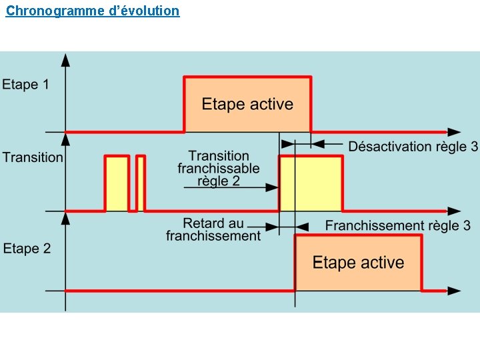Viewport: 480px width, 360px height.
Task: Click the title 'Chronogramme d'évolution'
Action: click(x=93, y=11)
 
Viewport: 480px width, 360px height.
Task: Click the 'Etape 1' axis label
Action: click(x=25, y=85)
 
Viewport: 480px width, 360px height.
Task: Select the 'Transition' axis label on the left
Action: click(x=33, y=157)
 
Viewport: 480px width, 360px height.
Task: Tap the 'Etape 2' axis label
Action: click(x=27, y=249)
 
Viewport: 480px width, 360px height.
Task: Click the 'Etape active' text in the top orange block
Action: click(x=247, y=105)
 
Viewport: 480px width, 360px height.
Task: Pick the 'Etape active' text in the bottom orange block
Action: click(x=358, y=263)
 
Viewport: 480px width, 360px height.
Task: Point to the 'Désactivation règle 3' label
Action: click(x=413, y=147)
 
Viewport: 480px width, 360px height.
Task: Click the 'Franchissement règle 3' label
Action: click(x=397, y=225)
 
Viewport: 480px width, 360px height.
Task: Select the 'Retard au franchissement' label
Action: click(x=213, y=229)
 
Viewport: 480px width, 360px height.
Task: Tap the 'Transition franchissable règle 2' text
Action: click(x=219, y=168)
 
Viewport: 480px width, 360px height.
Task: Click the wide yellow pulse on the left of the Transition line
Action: click(x=117, y=184)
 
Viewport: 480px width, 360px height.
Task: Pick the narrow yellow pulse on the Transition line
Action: click(x=141, y=184)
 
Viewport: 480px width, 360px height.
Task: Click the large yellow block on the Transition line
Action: click(x=311, y=183)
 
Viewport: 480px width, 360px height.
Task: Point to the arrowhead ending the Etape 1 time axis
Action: click(x=454, y=131)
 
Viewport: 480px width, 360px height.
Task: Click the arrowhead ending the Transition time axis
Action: click(x=454, y=211)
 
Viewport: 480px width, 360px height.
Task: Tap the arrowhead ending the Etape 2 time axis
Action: click(x=454, y=291)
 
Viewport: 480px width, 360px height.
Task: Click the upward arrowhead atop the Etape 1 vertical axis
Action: click(x=65, y=60)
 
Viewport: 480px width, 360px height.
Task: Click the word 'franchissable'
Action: click(x=219, y=169)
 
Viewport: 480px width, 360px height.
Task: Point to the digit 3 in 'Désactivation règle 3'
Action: click(x=474, y=147)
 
